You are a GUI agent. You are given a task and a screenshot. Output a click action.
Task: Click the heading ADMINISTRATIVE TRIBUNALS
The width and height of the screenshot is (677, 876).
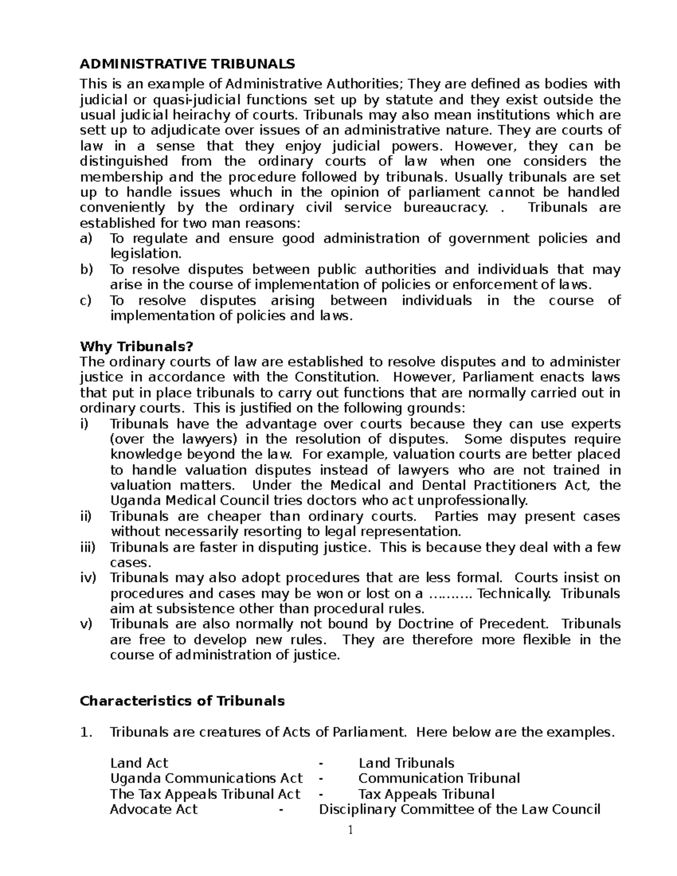click(x=187, y=64)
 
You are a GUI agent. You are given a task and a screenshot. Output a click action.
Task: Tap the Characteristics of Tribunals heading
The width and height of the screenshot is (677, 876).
click(x=182, y=701)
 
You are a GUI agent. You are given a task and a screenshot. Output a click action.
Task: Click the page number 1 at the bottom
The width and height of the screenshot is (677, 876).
click(x=350, y=830)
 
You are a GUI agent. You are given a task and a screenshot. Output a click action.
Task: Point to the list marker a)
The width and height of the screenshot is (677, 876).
click(x=86, y=239)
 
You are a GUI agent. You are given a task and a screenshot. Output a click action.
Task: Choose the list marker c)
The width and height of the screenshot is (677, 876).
click(x=86, y=301)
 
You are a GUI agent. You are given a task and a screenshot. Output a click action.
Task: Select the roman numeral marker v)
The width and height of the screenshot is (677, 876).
click(x=86, y=624)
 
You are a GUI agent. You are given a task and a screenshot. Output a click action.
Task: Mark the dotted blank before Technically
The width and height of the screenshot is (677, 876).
click(x=453, y=594)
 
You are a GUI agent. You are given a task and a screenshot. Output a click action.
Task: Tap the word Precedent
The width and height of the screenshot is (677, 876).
click(x=513, y=624)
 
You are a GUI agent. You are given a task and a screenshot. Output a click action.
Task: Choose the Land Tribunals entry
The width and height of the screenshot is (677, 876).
click(x=406, y=763)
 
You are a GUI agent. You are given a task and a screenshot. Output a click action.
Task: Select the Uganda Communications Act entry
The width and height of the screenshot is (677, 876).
click(x=206, y=778)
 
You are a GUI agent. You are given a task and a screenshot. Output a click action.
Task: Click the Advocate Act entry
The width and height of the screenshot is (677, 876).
click(x=154, y=809)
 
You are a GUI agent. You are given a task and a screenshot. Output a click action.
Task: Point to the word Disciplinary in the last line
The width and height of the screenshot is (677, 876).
click(x=358, y=809)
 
